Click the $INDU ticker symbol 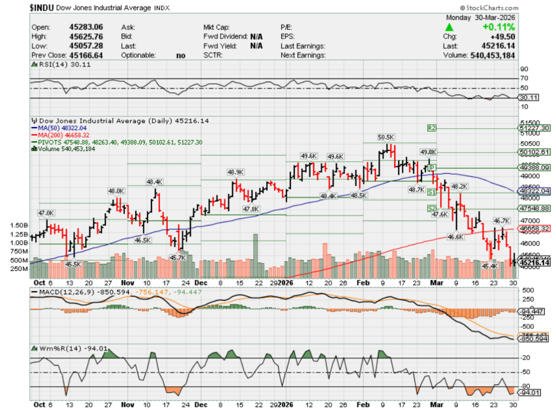[x=17, y=8]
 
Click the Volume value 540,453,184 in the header [x=492, y=55]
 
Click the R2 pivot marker [x=432, y=128]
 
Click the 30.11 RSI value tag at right [x=528, y=98]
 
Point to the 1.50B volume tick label [x=18, y=225]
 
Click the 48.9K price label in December [x=235, y=172]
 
